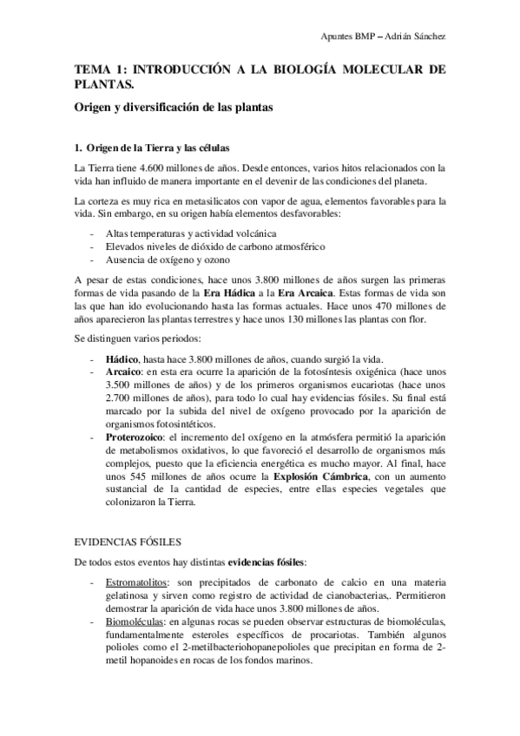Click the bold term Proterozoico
coord(135,435)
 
